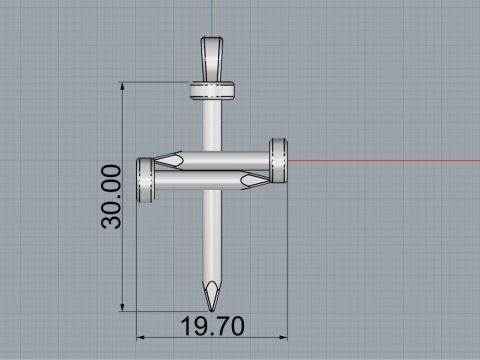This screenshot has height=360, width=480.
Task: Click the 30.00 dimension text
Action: (x=111, y=197)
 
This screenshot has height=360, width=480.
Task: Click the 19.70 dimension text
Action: (x=212, y=326)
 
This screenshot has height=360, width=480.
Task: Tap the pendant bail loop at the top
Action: (x=212, y=59)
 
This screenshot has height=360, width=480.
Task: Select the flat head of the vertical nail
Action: (x=212, y=90)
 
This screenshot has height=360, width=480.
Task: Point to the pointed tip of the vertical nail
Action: (x=212, y=310)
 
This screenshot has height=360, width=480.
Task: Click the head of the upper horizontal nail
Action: (x=278, y=160)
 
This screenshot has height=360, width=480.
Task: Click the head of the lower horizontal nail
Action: (x=145, y=180)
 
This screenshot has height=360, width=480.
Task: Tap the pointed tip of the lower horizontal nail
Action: (x=269, y=181)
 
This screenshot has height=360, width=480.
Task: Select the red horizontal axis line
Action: (x=384, y=161)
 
